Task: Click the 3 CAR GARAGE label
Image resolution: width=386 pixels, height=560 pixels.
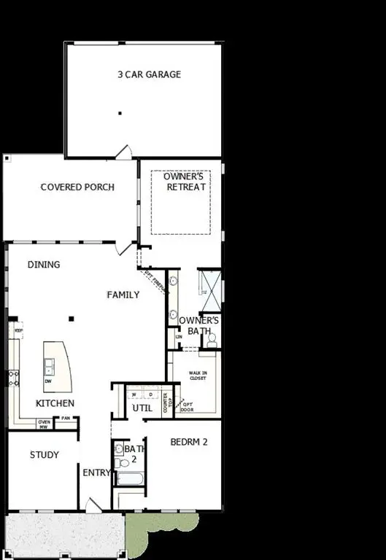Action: tap(150, 74)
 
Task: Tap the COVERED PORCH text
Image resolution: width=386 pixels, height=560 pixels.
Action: tap(77, 187)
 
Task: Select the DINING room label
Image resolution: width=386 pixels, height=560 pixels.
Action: tap(44, 265)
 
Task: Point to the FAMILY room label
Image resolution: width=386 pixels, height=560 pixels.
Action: tap(123, 295)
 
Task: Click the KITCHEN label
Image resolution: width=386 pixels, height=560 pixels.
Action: tap(55, 403)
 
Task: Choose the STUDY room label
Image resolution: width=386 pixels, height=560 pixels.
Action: tap(44, 455)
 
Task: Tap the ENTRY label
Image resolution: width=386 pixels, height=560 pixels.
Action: tap(96, 472)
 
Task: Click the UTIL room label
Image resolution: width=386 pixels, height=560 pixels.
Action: tap(142, 408)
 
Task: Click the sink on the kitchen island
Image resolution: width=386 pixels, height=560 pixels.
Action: tap(49, 365)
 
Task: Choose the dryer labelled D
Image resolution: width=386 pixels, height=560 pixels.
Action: tap(151, 394)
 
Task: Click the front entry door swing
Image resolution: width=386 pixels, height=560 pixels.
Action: tap(93, 505)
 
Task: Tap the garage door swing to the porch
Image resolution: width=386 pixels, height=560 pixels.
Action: tap(124, 152)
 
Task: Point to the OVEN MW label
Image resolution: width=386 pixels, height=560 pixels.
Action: tap(44, 423)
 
